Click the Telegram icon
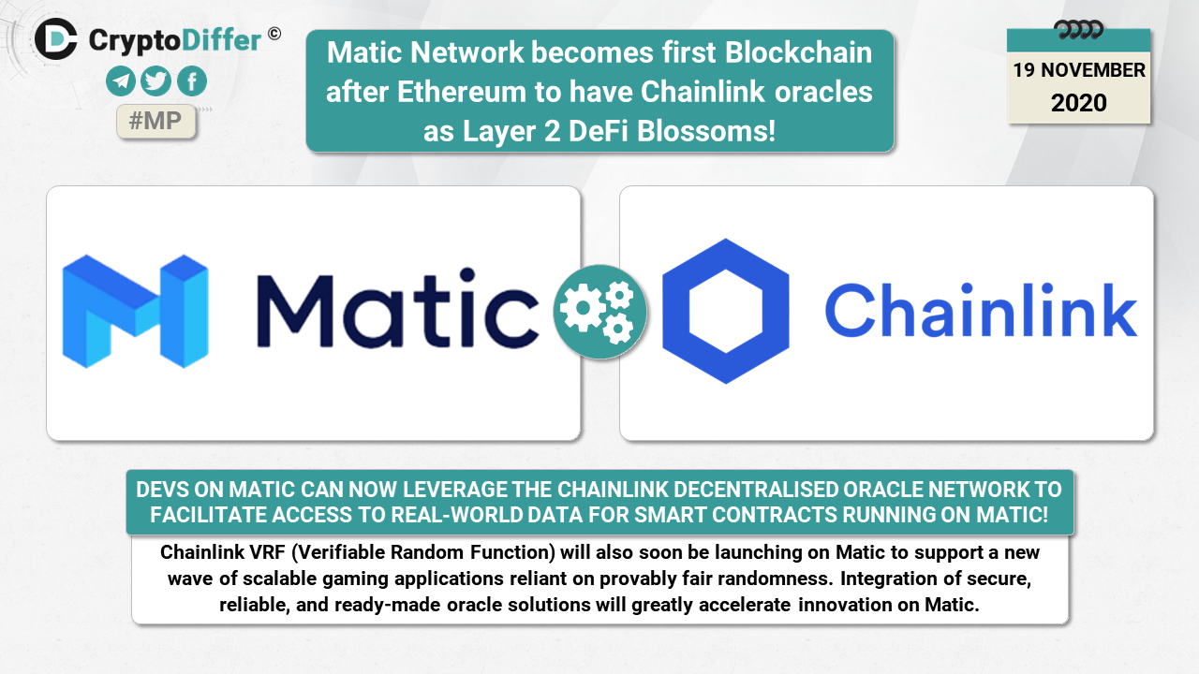(121, 81)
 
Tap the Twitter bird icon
(155, 81)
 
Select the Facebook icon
(191, 81)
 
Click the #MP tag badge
(155, 122)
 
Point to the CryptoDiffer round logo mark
(56, 38)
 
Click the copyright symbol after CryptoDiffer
(274, 33)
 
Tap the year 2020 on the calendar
(1078, 103)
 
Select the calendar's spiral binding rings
(1078, 29)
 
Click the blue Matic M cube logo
(135, 310)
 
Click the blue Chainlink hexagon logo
(726, 311)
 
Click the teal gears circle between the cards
(599, 312)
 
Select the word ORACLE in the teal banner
(883, 490)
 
